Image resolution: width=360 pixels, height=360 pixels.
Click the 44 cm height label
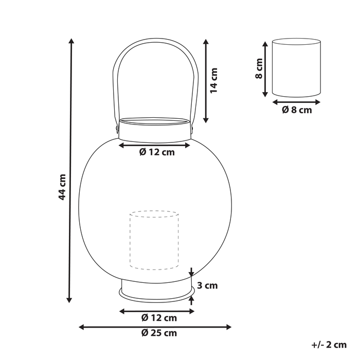click(x=62, y=187)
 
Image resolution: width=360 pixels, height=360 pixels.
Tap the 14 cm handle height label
click(x=214, y=81)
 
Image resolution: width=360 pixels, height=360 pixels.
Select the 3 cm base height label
click(x=207, y=285)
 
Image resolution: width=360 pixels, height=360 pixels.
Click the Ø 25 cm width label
click(x=159, y=333)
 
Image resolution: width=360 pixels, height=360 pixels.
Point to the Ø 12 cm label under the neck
click(x=157, y=152)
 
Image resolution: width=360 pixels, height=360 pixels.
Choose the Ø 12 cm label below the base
click(x=159, y=318)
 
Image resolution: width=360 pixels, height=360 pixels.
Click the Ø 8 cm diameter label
click(x=297, y=110)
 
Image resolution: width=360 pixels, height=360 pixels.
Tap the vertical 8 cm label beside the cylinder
click(x=259, y=68)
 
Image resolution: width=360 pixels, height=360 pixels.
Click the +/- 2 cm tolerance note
click(x=329, y=345)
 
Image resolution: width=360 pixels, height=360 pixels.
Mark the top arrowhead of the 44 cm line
click(x=71, y=41)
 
